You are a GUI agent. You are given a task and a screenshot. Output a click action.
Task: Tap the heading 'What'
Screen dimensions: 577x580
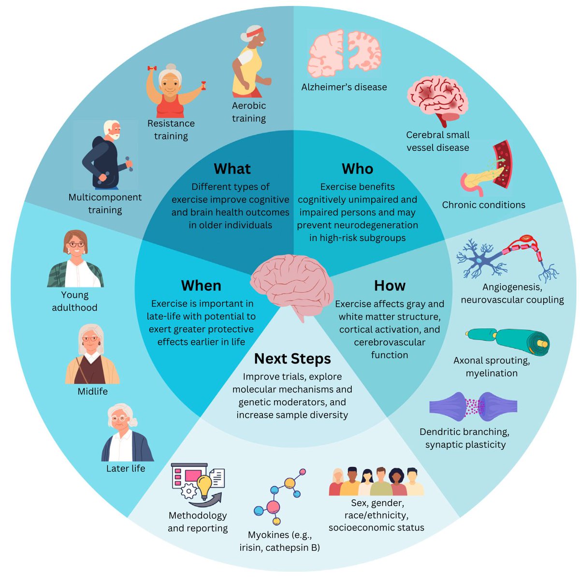click(232, 169)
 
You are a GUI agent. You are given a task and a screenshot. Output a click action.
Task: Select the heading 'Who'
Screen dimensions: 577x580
click(357, 169)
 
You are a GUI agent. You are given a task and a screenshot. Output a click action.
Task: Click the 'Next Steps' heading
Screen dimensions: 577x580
click(292, 359)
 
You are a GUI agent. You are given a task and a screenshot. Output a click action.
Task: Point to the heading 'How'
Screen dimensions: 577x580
click(390, 286)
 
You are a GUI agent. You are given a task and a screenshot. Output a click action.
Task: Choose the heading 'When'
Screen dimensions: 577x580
click(201, 286)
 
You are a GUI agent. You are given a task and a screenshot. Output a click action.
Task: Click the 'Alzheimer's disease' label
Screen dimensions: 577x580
click(344, 87)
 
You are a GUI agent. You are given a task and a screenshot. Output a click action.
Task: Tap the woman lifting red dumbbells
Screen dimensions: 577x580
click(172, 92)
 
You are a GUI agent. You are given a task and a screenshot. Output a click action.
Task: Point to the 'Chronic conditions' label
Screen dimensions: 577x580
click(483, 205)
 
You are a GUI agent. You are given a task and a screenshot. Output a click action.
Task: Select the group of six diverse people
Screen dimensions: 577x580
click(376, 482)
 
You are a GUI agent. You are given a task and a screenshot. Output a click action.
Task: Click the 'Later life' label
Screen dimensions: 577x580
click(126, 468)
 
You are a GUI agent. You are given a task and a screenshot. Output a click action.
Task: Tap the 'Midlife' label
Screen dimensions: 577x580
click(92, 391)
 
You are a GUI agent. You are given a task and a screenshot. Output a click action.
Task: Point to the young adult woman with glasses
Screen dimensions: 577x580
click(75, 259)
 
